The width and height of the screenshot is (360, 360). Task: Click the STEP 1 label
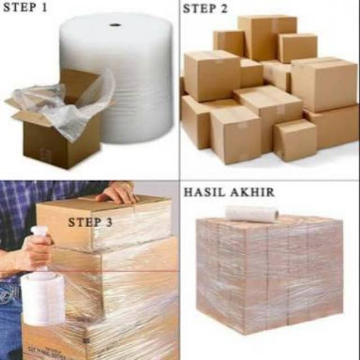coord(25,9)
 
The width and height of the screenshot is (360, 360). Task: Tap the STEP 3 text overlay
coord(90,222)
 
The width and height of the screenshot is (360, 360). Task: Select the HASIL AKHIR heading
coord(229,192)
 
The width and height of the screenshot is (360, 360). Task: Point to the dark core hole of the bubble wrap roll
coord(115,25)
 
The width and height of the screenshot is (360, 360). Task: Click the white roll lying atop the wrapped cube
coord(252,214)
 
